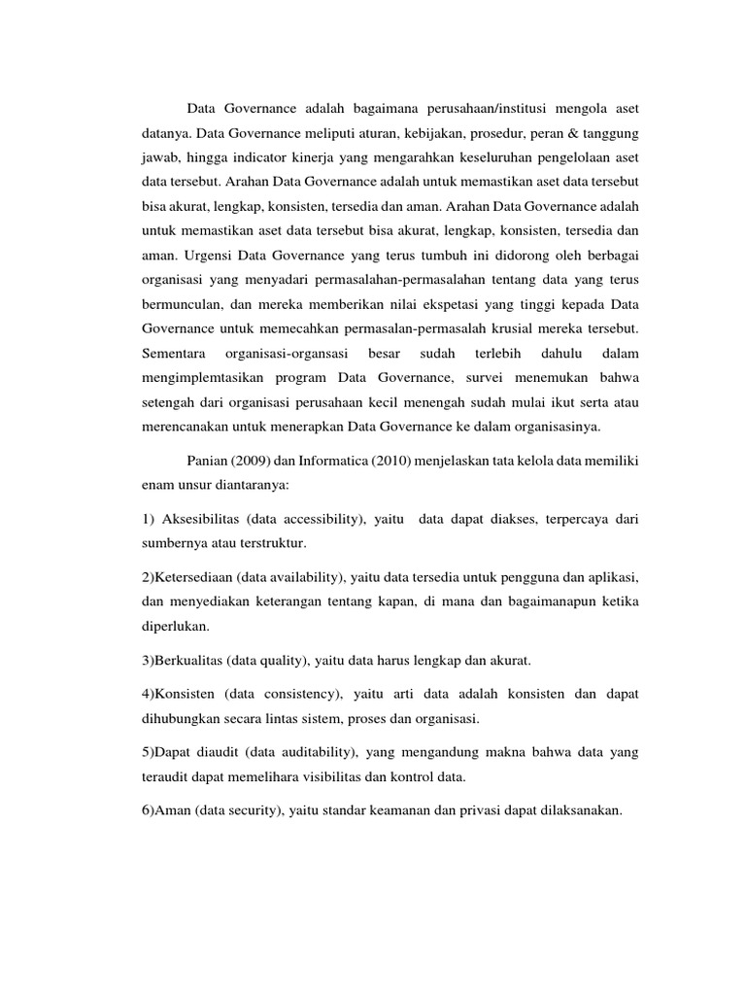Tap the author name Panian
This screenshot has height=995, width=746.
[x=209, y=461]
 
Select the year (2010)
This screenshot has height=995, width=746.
[x=396, y=461]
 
